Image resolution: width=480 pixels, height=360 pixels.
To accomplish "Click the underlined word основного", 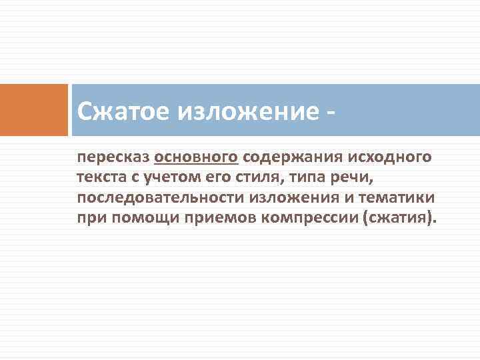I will coord(196,158).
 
